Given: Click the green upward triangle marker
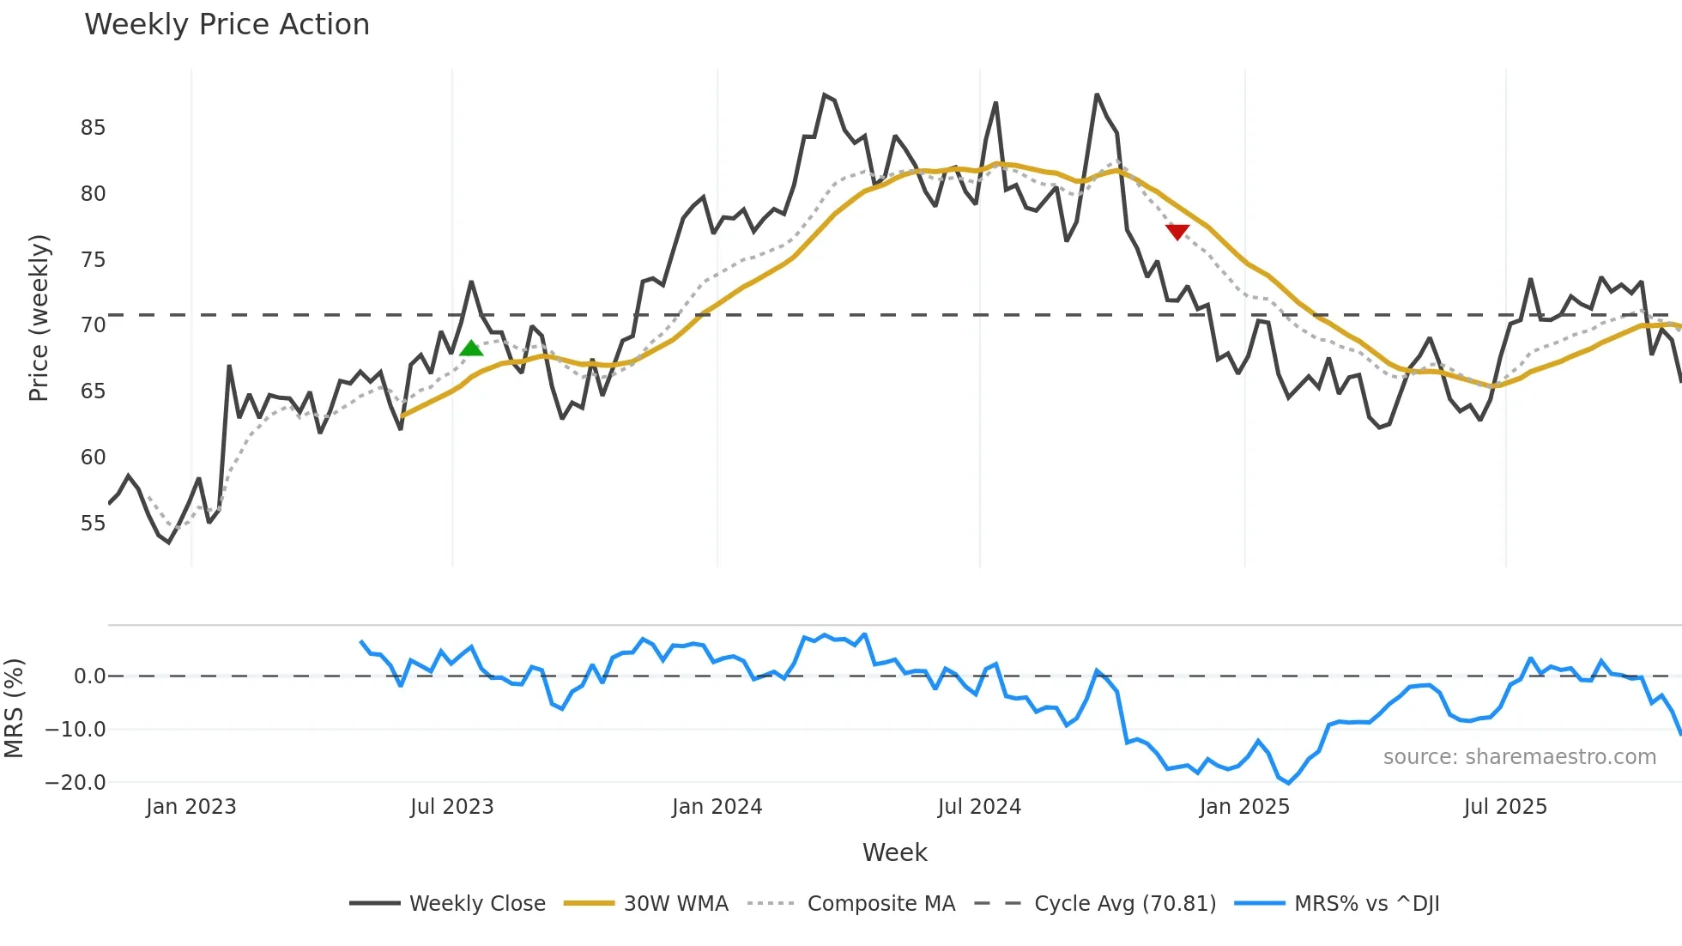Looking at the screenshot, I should (x=471, y=348).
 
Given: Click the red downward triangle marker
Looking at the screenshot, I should (x=1177, y=232).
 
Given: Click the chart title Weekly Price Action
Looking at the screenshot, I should (x=227, y=25).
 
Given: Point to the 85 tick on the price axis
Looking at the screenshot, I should (x=93, y=128).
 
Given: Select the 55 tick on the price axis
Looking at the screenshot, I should (x=93, y=524).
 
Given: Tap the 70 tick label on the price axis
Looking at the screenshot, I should (x=93, y=325).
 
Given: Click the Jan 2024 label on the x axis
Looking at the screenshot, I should (x=717, y=807).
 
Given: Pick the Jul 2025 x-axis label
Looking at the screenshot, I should (x=1505, y=807).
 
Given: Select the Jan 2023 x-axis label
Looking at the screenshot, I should (x=191, y=807).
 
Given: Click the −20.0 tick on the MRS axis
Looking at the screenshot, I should (x=76, y=783).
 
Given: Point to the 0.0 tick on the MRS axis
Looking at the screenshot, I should (x=89, y=676).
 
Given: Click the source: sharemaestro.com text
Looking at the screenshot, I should (x=1519, y=757).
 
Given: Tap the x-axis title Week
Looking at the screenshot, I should (x=894, y=852).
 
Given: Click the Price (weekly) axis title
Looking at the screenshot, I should (x=39, y=318).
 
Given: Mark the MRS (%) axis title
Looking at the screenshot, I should (x=14, y=708).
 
